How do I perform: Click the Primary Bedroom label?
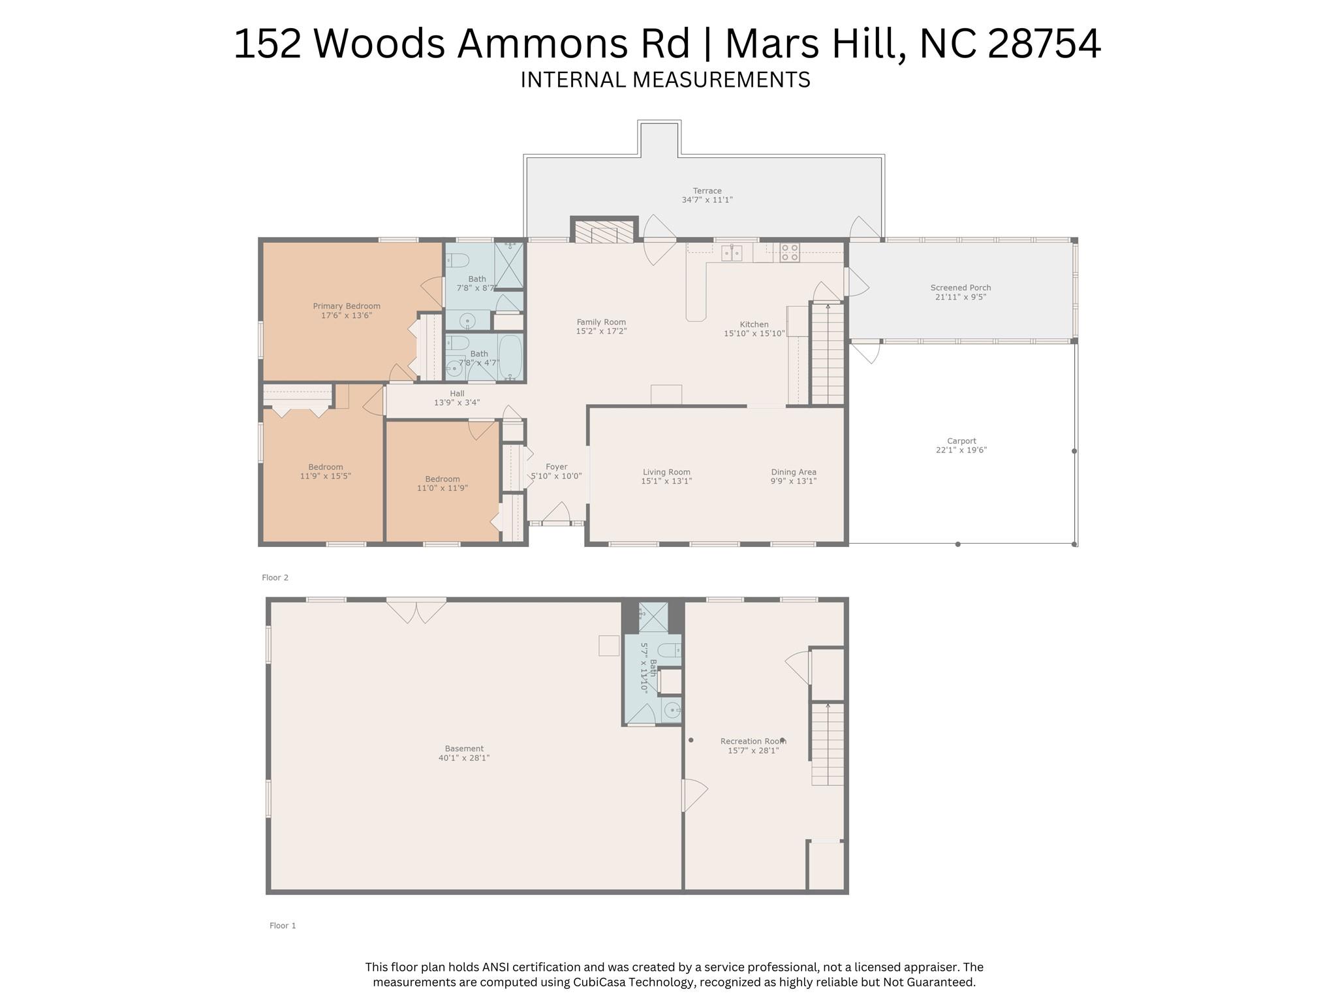coord(347,306)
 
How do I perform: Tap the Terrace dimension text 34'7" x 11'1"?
coord(707,200)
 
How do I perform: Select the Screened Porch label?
coord(961,287)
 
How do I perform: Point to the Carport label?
coord(961,441)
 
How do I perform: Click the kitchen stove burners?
coord(790,253)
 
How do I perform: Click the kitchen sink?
coord(732,253)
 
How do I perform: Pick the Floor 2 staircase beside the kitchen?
coord(828,353)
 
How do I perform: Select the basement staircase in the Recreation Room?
coord(828,744)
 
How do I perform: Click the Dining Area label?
coord(794,472)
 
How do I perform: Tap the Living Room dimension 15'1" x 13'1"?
coord(666,481)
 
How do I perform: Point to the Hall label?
coord(457,394)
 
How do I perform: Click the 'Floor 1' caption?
coord(283,926)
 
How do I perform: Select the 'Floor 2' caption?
coord(275,578)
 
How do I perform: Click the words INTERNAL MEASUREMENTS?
coord(665,80)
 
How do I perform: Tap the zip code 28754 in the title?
coord(1044,44)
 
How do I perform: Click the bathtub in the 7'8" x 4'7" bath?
coord(511,357)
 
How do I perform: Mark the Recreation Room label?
coord(753,741)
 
